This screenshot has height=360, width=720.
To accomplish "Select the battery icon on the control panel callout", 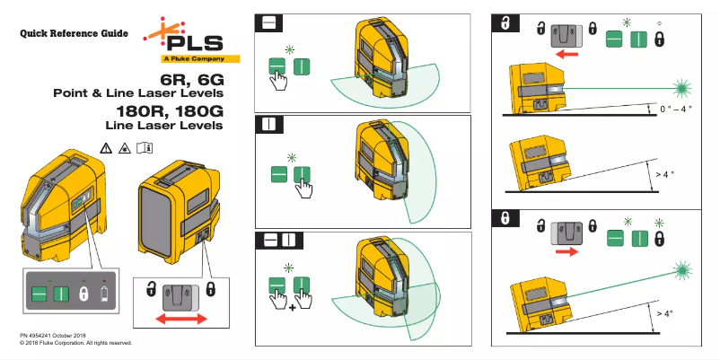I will point(106,294).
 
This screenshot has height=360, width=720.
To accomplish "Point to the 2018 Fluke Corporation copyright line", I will point(75,343).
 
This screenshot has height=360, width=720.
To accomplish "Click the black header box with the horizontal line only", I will point(268,22).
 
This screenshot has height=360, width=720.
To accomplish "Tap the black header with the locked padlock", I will point(505,219).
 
